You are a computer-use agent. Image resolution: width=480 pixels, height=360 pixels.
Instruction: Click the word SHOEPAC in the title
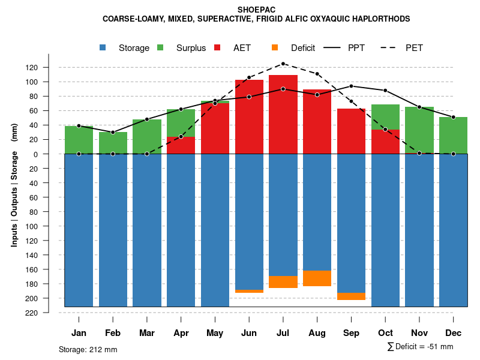pos(256,10)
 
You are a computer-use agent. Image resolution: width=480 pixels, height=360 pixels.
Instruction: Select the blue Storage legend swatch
pos(103,47)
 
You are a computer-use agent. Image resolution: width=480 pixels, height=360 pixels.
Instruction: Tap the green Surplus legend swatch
pos(161,47)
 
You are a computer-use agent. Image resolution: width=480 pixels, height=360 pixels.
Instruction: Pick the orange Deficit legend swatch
pos(275,47)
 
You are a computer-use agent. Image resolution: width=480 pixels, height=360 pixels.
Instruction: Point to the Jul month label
pos(283,333)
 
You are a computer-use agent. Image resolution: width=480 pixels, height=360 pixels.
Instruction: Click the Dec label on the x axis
pos(454,333)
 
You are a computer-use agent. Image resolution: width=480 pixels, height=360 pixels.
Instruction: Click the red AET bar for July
pos(283,114)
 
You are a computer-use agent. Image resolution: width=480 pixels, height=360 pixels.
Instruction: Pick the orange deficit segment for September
pos(352,296)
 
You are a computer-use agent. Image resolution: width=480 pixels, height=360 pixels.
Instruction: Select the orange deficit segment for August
pos(317,278)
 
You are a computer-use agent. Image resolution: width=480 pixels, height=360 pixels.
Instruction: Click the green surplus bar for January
pos(79,140)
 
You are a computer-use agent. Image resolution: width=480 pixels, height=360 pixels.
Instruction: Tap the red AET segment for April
pos(181,145)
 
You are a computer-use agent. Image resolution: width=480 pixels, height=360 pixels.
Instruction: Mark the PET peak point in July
pos(283,64)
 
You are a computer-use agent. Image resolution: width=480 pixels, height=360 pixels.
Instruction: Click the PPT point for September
pos(352,86)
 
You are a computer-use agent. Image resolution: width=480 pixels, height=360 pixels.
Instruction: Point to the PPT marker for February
pos(113,132)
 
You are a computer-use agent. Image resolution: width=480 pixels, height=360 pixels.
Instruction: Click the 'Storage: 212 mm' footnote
pos(88,349)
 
